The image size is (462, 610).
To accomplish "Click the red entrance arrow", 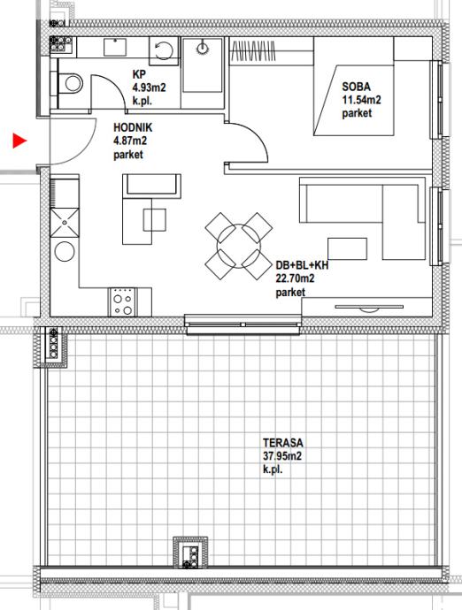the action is (x=19, y=141).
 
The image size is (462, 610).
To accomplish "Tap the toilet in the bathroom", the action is (x=71, y=83).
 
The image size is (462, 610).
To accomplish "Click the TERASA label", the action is (x=283, y=443).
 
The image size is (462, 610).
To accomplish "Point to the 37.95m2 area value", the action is (x=282, y=456).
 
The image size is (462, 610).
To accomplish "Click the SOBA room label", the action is (x=356, y=87).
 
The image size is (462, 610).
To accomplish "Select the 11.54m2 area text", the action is (x=361, y=100).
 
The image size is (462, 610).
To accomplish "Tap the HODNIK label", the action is (x=133, y=127).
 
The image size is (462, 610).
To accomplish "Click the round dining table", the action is (x=239, y=245).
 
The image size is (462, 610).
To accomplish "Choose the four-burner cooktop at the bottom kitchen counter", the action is (x=124, y=301).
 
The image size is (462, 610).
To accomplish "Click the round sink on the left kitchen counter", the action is (x=65, y=251).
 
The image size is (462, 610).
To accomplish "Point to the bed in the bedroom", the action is (x=353, y=101).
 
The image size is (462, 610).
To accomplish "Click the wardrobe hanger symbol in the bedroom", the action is (x=253, y=51).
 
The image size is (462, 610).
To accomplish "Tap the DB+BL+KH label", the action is (x=302, y=265).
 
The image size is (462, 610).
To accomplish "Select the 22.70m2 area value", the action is (x=295, y=278).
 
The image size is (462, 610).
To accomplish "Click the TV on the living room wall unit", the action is (x=369, y=309).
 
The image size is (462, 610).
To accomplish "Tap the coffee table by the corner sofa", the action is (x=347, y=249).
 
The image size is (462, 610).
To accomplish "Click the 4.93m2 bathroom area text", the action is (x=149, y=88).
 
